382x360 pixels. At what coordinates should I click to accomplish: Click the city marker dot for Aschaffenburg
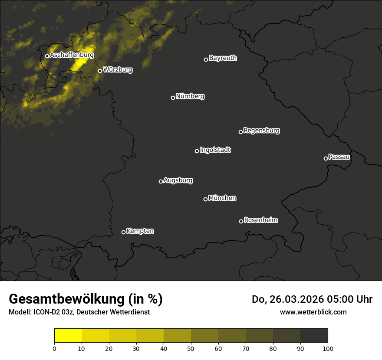47,56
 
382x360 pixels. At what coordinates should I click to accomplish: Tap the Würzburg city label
118,69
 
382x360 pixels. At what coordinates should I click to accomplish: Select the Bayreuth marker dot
206,59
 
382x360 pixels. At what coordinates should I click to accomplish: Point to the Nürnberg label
190,96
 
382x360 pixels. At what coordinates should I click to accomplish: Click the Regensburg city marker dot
240,132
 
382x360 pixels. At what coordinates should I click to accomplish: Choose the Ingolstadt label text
215,150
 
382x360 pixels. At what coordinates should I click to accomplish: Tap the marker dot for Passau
326,158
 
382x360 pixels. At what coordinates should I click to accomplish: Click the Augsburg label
178,180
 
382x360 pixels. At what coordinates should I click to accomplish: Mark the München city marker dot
205,199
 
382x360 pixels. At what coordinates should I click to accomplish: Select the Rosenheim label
260,220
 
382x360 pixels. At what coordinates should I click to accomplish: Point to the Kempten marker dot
123,232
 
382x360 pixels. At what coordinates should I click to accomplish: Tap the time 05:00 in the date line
339,299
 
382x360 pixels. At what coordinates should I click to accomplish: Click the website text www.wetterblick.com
313,312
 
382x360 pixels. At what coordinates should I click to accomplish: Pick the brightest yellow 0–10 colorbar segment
68,336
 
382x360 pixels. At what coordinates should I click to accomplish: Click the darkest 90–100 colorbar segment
314,336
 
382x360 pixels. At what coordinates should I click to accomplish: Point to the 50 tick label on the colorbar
191,348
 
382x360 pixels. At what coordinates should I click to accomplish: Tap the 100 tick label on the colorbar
328,348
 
